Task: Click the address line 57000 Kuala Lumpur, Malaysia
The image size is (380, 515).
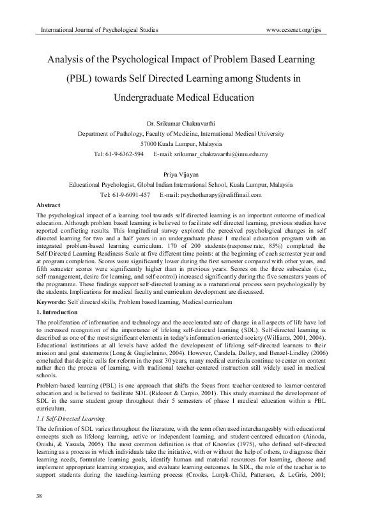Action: tap(190, 144)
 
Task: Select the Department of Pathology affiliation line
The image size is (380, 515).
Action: tap(190, 134)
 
